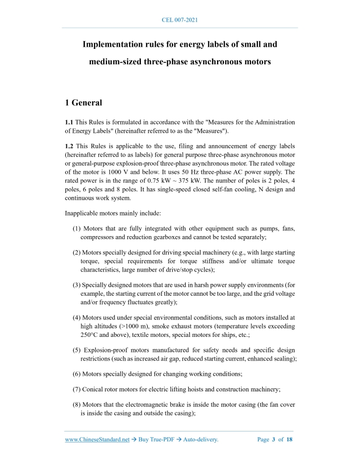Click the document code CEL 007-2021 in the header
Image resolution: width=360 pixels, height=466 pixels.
tap(180, 20)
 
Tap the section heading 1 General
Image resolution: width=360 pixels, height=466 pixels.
tap(83, 103)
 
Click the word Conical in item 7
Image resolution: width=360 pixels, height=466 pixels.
tap(94, 389)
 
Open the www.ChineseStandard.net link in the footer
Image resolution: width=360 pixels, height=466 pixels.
tap(97, 440)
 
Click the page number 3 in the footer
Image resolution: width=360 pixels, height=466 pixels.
tap(274, 440)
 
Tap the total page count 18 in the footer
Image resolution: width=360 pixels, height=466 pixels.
tap(290, 440)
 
